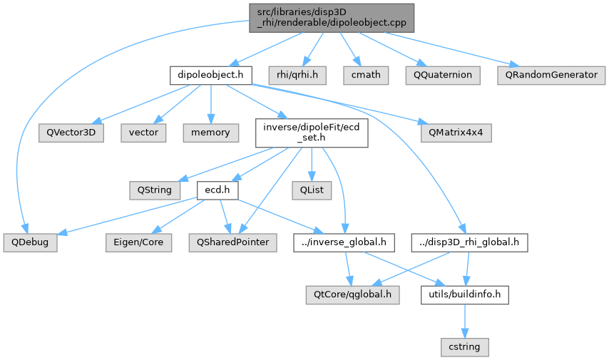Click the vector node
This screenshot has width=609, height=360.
pos(143,132)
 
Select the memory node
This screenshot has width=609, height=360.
pos(209,132)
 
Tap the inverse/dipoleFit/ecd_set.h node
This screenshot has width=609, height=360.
pos(312,132)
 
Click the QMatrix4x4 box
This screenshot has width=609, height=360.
pos(455,132)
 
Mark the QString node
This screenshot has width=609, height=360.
pos(150,190)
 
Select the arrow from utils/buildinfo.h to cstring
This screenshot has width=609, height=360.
pos(464,320)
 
